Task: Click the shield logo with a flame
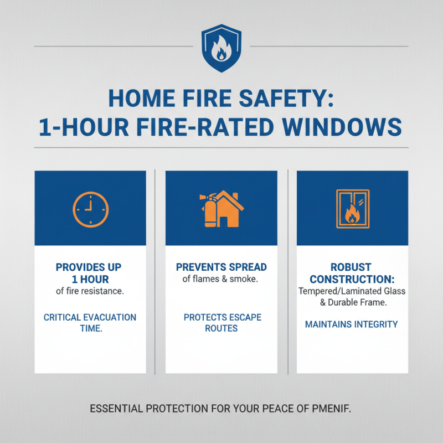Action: pos(221,49)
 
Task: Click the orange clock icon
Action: pos(90,209)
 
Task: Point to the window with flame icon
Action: pos(352,209)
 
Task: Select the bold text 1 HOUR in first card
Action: pos(90,280)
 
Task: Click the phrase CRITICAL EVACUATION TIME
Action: pos(90,323)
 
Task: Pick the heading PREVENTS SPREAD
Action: pos(221,267)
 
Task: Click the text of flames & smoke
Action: pos(221,280)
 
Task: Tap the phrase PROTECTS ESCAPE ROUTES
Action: pos(221,323)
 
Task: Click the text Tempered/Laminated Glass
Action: pos(352,291)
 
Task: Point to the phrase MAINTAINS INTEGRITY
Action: pos(352,324)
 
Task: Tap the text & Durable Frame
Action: pos(352,303)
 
